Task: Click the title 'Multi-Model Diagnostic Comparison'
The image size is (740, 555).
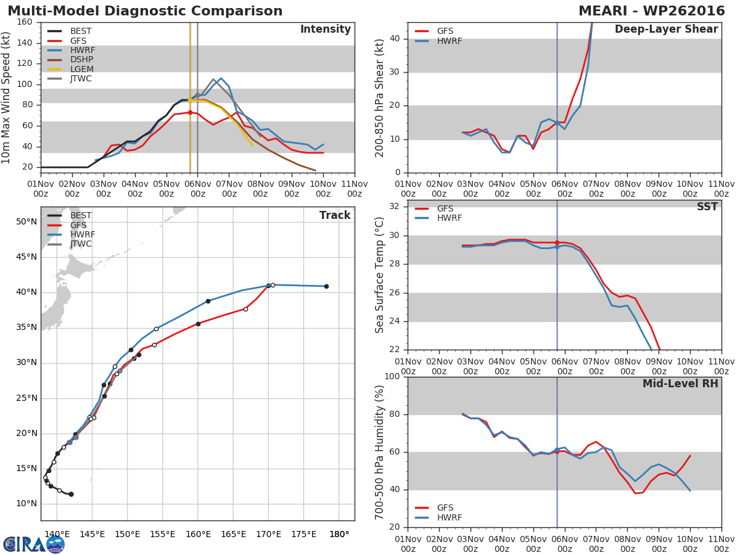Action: click(145, 11)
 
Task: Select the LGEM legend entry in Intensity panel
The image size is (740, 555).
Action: click(81, 69)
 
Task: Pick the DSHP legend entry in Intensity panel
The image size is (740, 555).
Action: click(82, 60)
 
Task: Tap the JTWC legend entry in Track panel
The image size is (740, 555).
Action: click(81, 244)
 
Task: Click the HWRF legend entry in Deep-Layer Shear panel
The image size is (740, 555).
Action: click(449, 41)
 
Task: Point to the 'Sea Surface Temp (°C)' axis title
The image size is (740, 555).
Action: click(380, 274)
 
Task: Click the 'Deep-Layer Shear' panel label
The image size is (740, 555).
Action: click(666, 30)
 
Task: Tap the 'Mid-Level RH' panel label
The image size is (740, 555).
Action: click(680, 384)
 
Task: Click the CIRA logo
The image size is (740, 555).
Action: click(34, 544)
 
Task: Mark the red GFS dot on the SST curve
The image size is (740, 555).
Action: click(557, 243)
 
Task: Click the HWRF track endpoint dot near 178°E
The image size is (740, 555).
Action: click(326, 286)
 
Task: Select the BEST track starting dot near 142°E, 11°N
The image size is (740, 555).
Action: click(71, 494)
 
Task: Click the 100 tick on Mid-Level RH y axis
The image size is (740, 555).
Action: click(393, 377)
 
